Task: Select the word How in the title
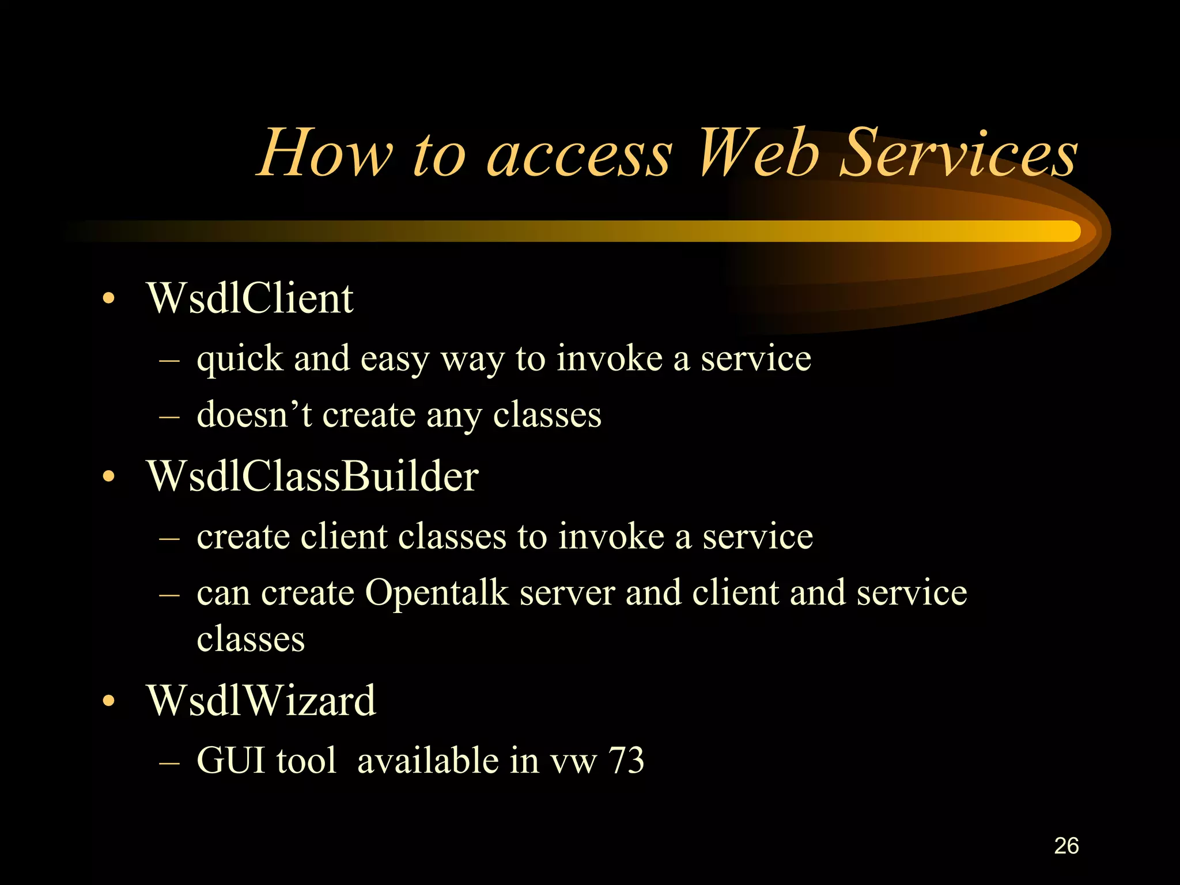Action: [326, 153]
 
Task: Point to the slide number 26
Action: [1066, 846]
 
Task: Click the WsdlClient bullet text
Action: [249, 298]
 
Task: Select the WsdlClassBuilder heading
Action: [312, 477]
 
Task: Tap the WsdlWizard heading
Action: [261, 701]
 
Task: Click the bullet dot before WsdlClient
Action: [108, 299]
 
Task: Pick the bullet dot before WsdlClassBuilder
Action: [108, 477]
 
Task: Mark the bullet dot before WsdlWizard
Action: [108, 701]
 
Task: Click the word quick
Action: [240, 360]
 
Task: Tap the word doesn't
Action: [254, 415]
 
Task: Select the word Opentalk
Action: [436, 593]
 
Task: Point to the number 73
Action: [626, 761]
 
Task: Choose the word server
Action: [567, 593]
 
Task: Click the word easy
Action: [395, 360]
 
